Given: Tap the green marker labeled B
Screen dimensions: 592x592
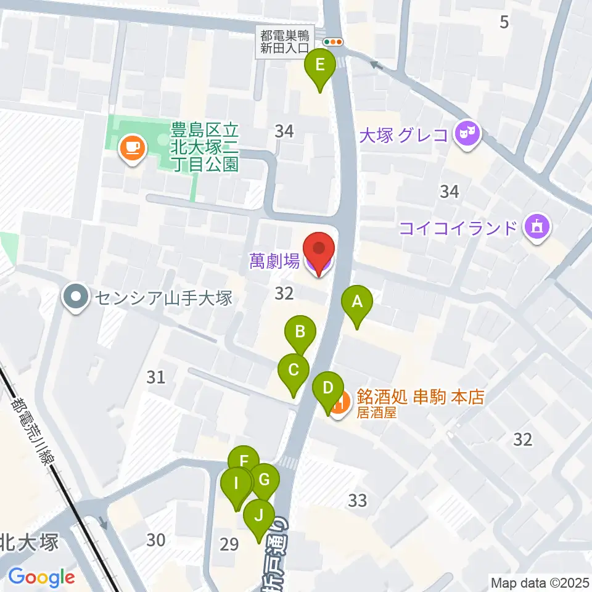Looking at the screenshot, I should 300,333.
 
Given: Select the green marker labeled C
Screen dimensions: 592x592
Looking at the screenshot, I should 294,371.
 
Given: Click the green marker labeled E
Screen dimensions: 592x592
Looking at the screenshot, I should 320,65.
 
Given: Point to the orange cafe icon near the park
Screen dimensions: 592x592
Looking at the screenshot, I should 133,147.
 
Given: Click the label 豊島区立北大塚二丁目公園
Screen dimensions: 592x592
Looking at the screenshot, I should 204,147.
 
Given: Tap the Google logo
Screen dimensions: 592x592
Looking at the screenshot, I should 41,577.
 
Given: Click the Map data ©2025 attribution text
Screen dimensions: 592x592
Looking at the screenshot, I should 540,582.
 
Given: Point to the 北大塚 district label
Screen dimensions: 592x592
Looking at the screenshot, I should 29,543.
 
